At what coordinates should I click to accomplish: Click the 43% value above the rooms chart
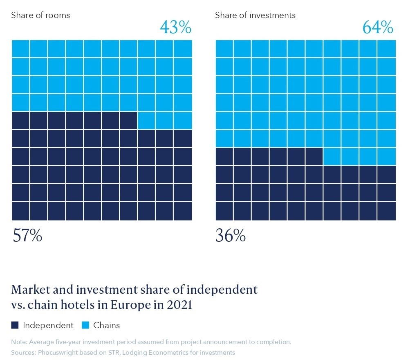(175, 27)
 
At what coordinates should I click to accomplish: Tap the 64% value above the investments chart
(378, 27)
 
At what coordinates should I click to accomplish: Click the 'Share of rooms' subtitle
(40, 16)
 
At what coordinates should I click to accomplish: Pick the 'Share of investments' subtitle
(255, 16)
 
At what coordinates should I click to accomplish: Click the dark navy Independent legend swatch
(15, 326)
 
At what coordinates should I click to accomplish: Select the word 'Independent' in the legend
(48, 326)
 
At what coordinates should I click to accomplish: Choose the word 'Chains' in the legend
(106, 326)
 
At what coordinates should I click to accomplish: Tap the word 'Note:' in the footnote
(19, 342)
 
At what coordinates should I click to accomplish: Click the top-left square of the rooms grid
(20, 49)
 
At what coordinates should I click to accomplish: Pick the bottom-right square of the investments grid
(387, 211)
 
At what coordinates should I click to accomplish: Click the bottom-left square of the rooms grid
(20, 211)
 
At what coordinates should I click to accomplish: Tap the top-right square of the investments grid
(387, 49)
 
